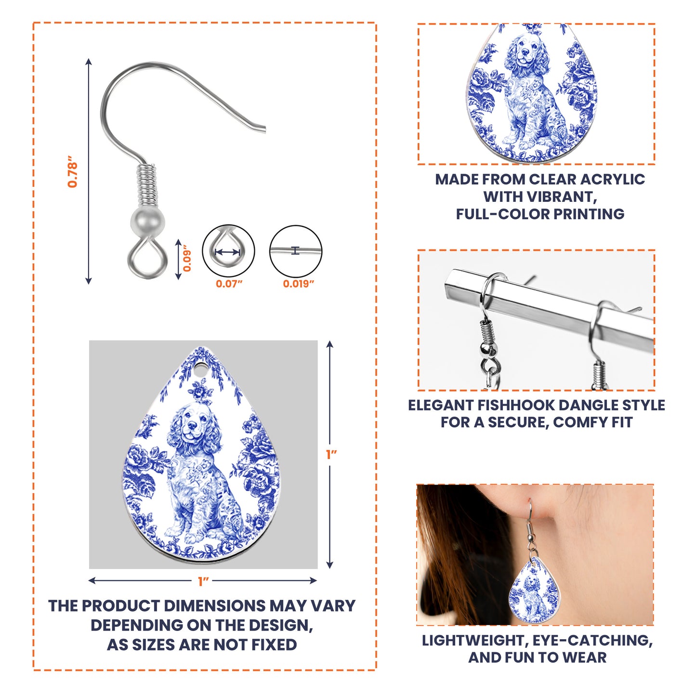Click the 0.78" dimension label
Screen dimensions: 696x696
pos(72,171)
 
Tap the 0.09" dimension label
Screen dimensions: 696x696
pos(187,261)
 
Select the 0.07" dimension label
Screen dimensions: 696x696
pos(229,284)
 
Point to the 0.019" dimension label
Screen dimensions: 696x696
pos(298,284)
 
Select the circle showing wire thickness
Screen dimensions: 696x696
pos(295,251)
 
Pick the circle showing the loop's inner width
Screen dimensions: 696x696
pos(228,251)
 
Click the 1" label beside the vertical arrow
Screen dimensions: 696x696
pos(331,454)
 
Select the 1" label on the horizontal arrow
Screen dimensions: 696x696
pos(203,581)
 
